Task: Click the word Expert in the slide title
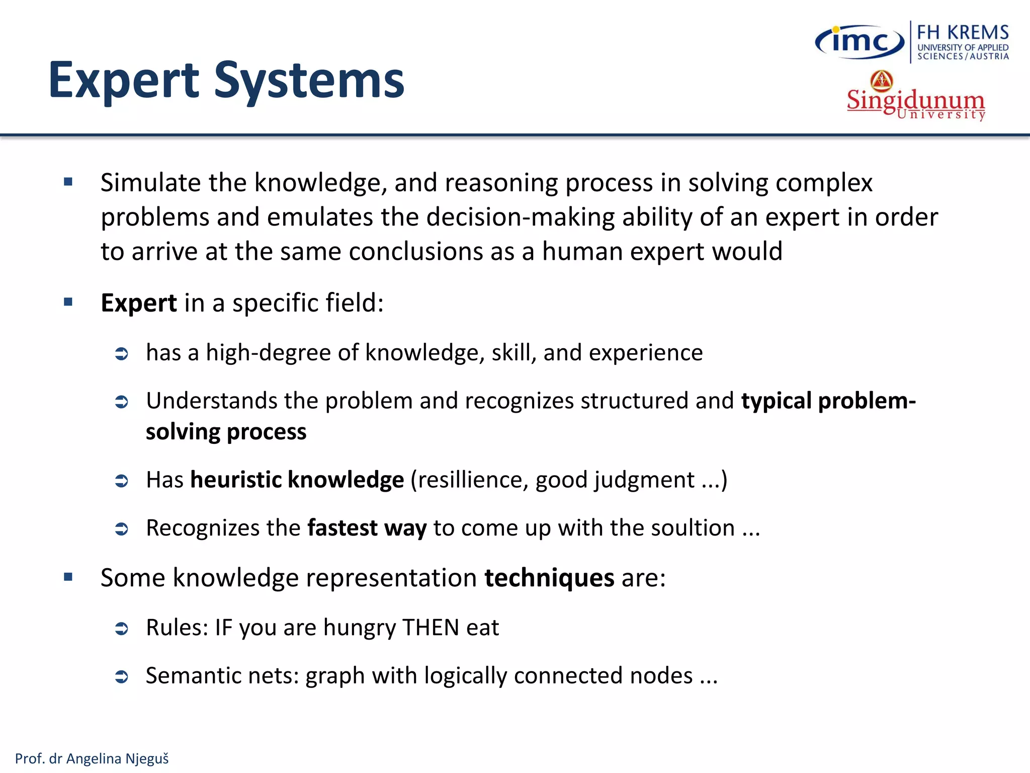click(x=124, y=81)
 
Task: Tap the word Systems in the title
click(x=309, y=81)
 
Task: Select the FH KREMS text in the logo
click(x=963, y=32)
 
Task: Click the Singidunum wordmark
click(x=915, y=100)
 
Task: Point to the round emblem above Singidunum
click(x=882, y=81)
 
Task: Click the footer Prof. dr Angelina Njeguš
click(x=92, y=758)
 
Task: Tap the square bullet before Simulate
click(x=68, y=182)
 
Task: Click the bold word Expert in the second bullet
click(x=139, y=303)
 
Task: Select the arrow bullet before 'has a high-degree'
click(x=122, y=354)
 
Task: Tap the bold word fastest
click(x=342, y=528)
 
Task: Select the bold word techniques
click(x=549, y=578)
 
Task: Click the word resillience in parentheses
click(x=473, y=480)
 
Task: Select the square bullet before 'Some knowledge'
click(x=68, y=577)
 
